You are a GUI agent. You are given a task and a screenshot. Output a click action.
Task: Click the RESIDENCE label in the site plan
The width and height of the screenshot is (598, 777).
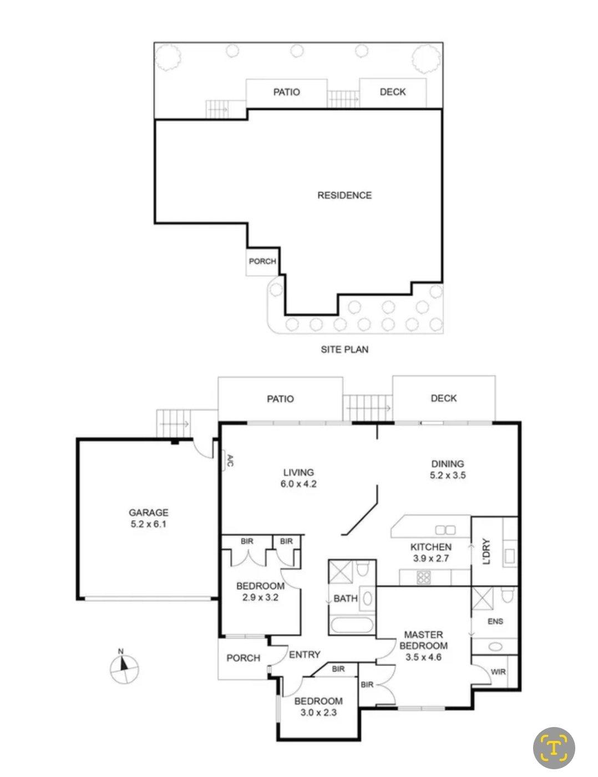(x=344, y=195)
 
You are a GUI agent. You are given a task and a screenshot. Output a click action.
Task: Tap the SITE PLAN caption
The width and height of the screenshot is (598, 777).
(x=344, y=349)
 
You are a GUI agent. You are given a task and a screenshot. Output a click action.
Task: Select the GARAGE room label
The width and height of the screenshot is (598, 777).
(x=148, y=512)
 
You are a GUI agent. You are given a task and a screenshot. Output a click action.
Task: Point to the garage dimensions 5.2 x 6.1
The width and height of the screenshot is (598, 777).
(x=148, y=524)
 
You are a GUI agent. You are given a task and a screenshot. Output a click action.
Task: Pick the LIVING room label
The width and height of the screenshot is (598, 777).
(x=298, y=472)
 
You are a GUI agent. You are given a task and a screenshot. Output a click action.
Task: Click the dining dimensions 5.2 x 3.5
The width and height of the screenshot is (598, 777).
(x=448, y=475)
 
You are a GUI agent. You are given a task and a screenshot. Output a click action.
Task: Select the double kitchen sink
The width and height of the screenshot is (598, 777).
(x=445, y=529)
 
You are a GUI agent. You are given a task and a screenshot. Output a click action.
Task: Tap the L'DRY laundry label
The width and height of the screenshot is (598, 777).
(x=486, y=551)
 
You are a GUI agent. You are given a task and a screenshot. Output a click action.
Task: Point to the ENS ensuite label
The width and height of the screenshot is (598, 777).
(x=495, y=621)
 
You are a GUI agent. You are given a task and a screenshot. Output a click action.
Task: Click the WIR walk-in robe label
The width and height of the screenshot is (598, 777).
(x=498, y=672)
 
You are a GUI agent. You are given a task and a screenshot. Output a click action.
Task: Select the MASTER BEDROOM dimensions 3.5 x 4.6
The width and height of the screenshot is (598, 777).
(x=423, y=657)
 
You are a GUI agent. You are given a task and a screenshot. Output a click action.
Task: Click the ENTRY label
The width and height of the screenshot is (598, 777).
(x=305, y=654)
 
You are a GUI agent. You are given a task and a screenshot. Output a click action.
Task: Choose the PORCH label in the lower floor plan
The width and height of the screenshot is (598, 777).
(x=244, y=658)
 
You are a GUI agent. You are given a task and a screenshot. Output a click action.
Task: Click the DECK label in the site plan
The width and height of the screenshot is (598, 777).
(x=393, y=92)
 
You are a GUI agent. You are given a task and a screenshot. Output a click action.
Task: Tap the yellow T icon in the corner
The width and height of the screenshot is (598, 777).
(x=554, y=738)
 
